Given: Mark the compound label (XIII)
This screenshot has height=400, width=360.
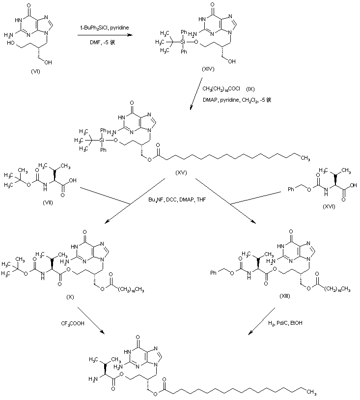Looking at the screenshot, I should pyautogui.click(x=284, y=299).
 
